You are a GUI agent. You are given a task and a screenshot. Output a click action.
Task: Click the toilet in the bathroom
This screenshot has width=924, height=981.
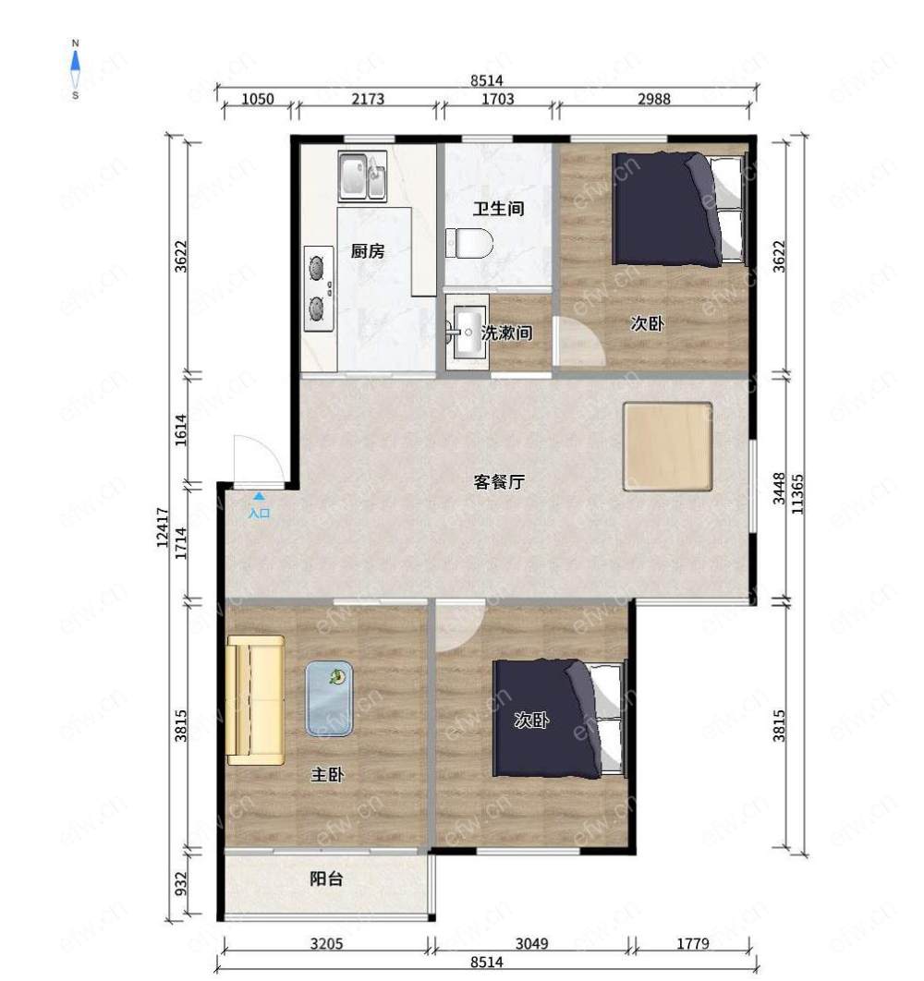(x=468, y=243)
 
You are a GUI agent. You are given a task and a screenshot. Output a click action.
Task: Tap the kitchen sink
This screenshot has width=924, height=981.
(x=362, y=176)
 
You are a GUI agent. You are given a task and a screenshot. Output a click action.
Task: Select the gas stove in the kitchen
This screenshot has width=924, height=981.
(x=319, y=288)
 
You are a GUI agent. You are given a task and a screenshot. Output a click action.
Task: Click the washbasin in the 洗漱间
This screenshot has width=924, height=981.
(x=468, y=333)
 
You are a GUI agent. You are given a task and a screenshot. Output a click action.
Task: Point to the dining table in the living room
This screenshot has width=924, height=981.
(x=668, y=446)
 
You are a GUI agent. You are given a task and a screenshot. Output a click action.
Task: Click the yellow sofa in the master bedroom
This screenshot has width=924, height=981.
(x=255, y=700)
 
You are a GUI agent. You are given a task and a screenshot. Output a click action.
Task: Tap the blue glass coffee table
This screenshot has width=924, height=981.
(x=329, y=698)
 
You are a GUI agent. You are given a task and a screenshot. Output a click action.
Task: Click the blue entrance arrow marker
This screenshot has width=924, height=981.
(x=259, y=495)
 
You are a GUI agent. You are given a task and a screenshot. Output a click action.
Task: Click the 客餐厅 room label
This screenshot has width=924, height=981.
(x=499, y=482)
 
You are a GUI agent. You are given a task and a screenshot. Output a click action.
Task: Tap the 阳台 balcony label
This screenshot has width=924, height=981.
(x=327, y=878)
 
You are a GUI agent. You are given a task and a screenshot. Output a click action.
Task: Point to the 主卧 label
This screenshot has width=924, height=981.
(x=327, y=774)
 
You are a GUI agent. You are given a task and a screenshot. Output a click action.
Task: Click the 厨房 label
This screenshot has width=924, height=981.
(x=368, y=251)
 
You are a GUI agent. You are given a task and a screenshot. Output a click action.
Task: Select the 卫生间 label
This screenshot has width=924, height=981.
(x=498, y=209)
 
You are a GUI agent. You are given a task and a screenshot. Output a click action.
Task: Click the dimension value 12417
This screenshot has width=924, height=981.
(x=163, y=527)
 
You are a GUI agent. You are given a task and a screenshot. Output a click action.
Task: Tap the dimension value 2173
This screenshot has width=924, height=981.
(x=368, y=99)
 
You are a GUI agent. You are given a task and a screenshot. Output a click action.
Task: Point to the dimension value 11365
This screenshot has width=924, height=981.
(x=796, y=493)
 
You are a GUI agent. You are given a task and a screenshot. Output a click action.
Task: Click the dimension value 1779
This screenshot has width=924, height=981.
(x=693, y=943)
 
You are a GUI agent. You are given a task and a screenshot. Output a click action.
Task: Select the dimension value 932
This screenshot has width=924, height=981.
(x=181, y=883)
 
